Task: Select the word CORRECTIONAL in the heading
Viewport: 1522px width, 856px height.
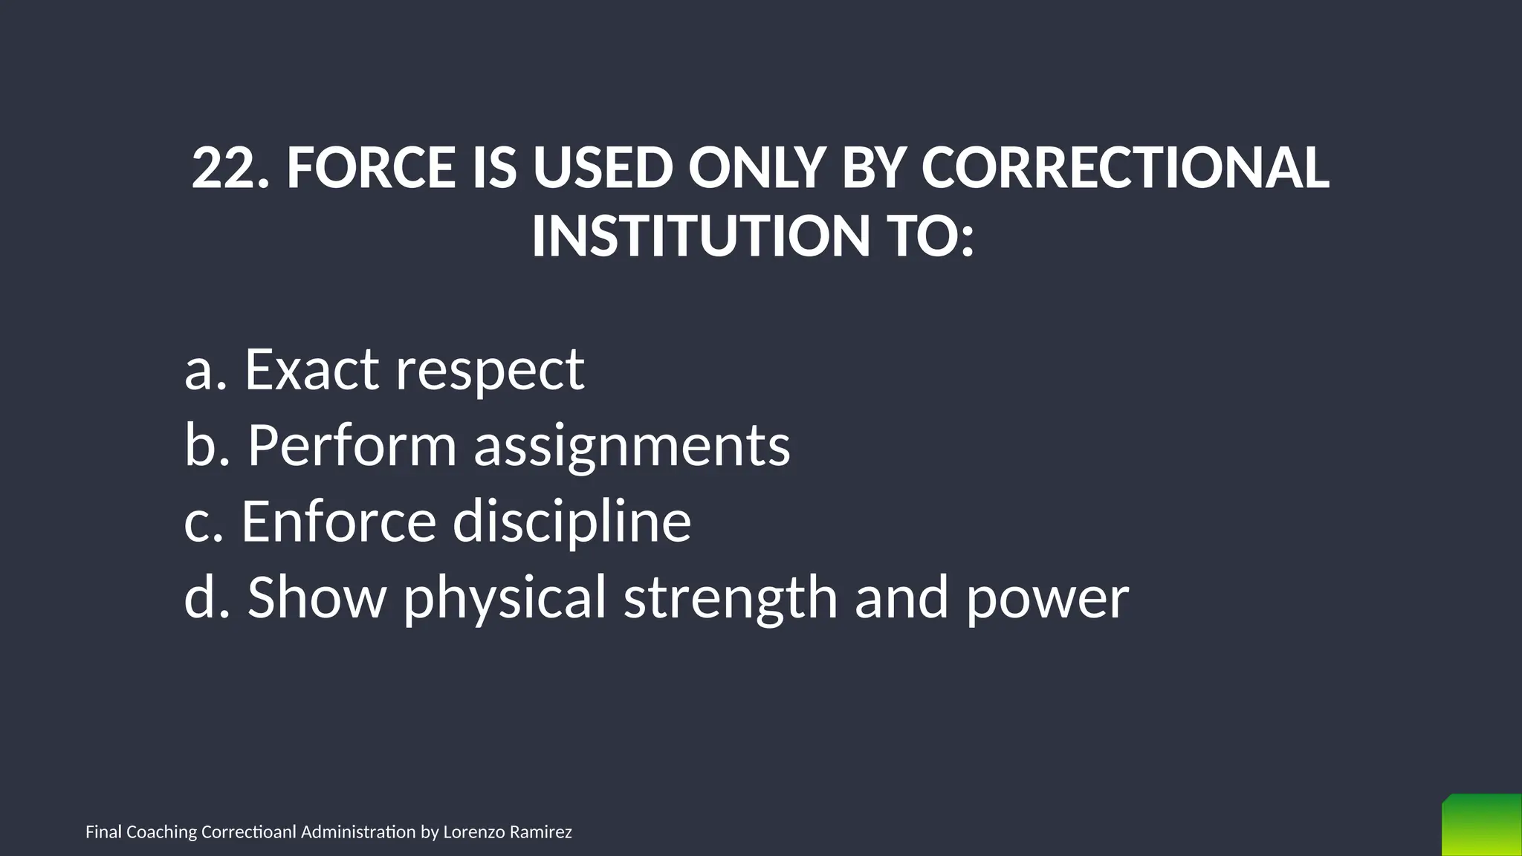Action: (x=1125, y=168)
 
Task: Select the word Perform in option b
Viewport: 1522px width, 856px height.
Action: (x=352, y=445)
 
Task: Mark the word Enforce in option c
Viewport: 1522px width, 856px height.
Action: (x=338, y=521)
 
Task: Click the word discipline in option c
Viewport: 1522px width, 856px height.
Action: (x=572, y=522)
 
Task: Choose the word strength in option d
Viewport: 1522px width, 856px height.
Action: (x=731, y=599)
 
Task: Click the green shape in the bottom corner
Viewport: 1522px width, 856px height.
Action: (x=1481, y=826)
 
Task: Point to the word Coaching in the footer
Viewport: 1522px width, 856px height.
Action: (x=161, y=832)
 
